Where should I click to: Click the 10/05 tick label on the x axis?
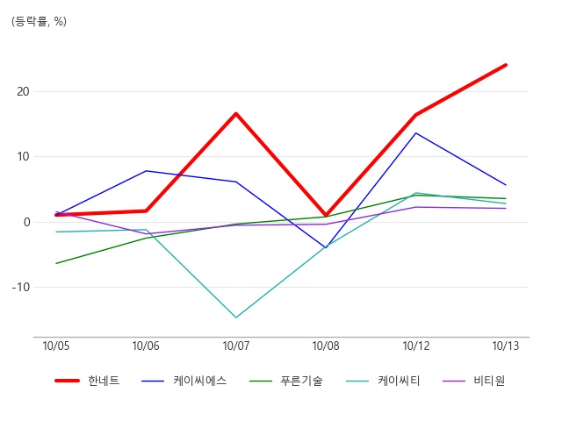[56, 346]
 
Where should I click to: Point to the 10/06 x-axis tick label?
[146, 346]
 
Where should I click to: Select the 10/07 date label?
[236, 346]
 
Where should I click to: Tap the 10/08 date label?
[326, 346]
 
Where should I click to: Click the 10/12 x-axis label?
[415, 346]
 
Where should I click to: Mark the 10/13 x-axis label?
[506, 346]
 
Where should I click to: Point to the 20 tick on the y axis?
[23, 91]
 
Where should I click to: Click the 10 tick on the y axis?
[23, 157]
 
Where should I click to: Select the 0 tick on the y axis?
[26, 222]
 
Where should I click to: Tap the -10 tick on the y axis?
[21, 287]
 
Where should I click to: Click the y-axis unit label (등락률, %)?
[39, 22]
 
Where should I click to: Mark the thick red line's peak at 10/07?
[236, 113]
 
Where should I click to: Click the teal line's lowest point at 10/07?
[236, 318]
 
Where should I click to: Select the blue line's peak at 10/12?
[415, 132]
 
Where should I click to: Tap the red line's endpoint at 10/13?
[506, 65]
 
